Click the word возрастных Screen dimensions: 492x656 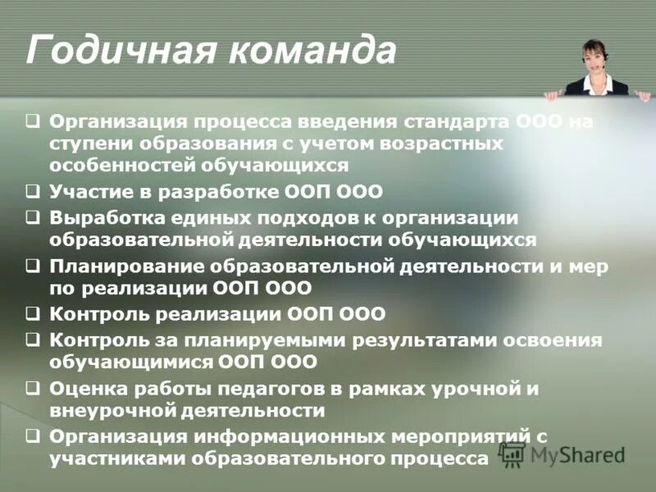[x=439, y=143]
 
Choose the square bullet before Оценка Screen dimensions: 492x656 [x=31, y=388]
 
